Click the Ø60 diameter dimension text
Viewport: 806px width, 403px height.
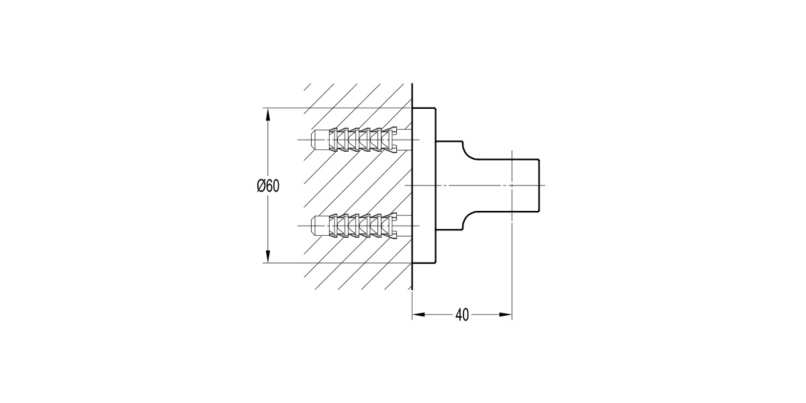(268, 186)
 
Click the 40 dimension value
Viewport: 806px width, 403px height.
(461, 314)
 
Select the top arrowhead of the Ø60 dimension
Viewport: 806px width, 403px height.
(268, 114)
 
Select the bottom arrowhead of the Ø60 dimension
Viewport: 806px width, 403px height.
(268, 256)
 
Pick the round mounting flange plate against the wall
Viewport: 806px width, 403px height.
(424, 185)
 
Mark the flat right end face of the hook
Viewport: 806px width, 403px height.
(539, 185)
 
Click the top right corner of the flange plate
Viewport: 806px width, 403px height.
(436, 108)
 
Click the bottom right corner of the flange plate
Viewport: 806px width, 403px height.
(436, 263)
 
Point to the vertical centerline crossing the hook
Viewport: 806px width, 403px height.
(512, 255)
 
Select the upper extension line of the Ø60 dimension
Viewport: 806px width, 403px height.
(336, 108)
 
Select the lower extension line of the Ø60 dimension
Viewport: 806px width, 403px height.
(336, 263)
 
